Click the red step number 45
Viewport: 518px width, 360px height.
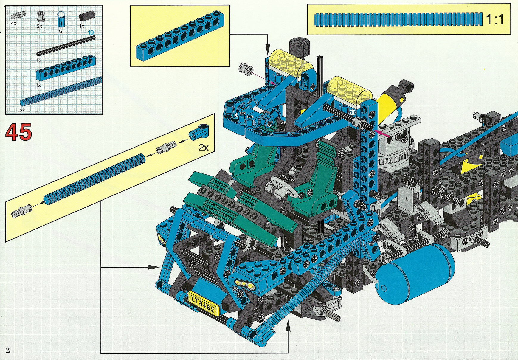click(x=18, y=132)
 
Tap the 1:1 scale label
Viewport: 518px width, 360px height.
click(x=495, y=19)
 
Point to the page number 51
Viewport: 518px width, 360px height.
click(x=8, y=350)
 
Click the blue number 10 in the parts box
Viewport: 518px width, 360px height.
click(x=91, y=32)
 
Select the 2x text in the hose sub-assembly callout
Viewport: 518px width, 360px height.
click(x=204, y=147)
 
